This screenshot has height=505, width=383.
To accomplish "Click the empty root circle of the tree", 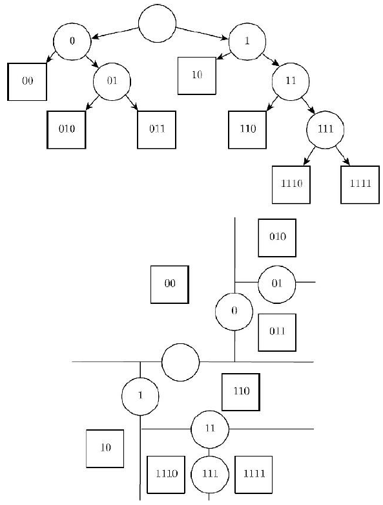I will (x=158, y=25).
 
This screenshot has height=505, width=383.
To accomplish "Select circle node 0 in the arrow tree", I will (x=72, y=41).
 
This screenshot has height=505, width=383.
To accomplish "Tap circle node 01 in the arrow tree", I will (x=112, y=81).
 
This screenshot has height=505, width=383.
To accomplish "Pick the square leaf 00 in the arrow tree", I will (x=27, y=81).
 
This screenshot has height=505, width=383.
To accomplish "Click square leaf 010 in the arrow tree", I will (x=67, y=129).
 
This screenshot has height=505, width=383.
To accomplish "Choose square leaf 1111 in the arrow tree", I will (x=359, y=184).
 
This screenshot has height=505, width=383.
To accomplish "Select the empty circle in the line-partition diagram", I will (x=180, y=362).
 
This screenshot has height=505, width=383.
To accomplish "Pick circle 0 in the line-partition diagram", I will (x=234, y=311).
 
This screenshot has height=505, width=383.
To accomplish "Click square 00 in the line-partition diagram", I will (x=169, y=284).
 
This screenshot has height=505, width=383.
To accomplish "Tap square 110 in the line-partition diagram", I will (x=241, y=392).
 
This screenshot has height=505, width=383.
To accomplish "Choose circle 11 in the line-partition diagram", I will (x=209, y=428).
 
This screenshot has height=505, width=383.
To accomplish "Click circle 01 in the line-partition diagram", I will (x=276, y=283).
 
